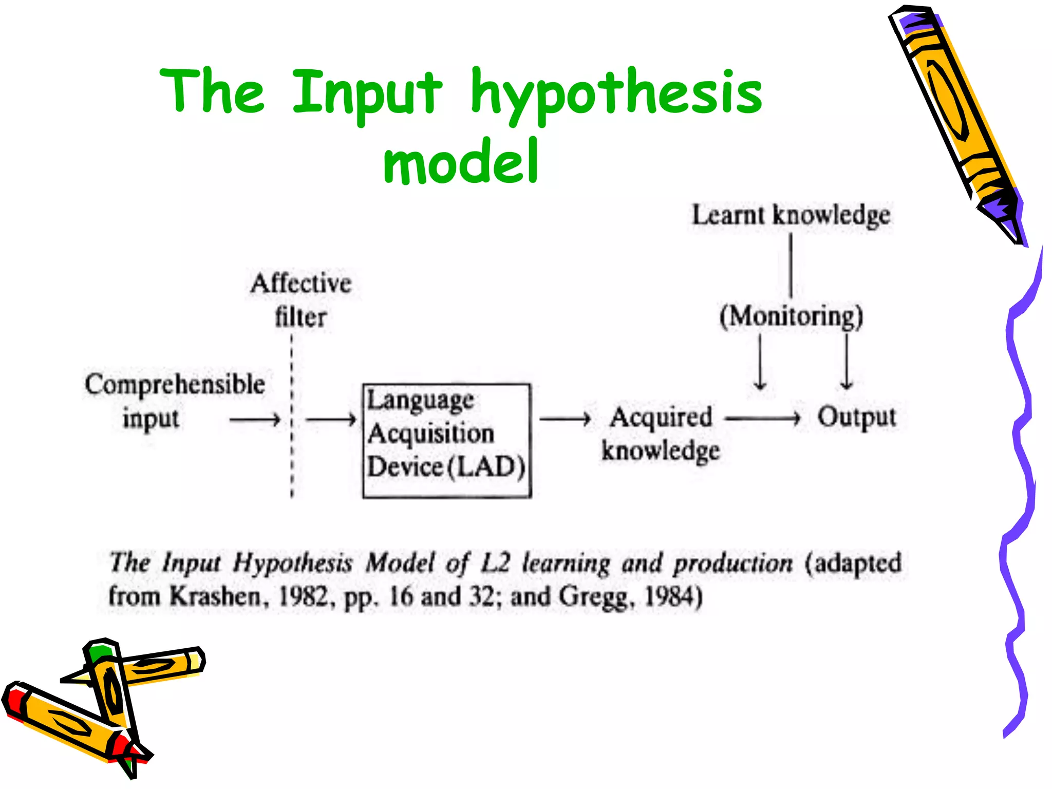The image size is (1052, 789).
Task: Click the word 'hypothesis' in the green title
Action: (616, 92)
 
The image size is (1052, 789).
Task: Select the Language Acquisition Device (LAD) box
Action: (446, 440)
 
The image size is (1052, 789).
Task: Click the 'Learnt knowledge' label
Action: (791, 215)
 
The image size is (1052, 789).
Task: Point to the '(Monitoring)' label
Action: (791, 316)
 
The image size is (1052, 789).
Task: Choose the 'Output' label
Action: (856, 417)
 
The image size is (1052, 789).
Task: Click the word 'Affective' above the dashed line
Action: (301, 284)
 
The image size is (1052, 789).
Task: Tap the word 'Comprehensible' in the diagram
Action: (175, 385)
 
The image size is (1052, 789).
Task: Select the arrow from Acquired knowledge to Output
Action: (763, 419)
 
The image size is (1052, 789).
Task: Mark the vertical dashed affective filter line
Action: (292, 416)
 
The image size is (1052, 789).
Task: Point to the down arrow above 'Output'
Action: (847, 362)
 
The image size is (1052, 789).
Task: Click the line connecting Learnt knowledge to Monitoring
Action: (791, 265)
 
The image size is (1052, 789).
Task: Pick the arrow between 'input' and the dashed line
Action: (255, 420)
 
